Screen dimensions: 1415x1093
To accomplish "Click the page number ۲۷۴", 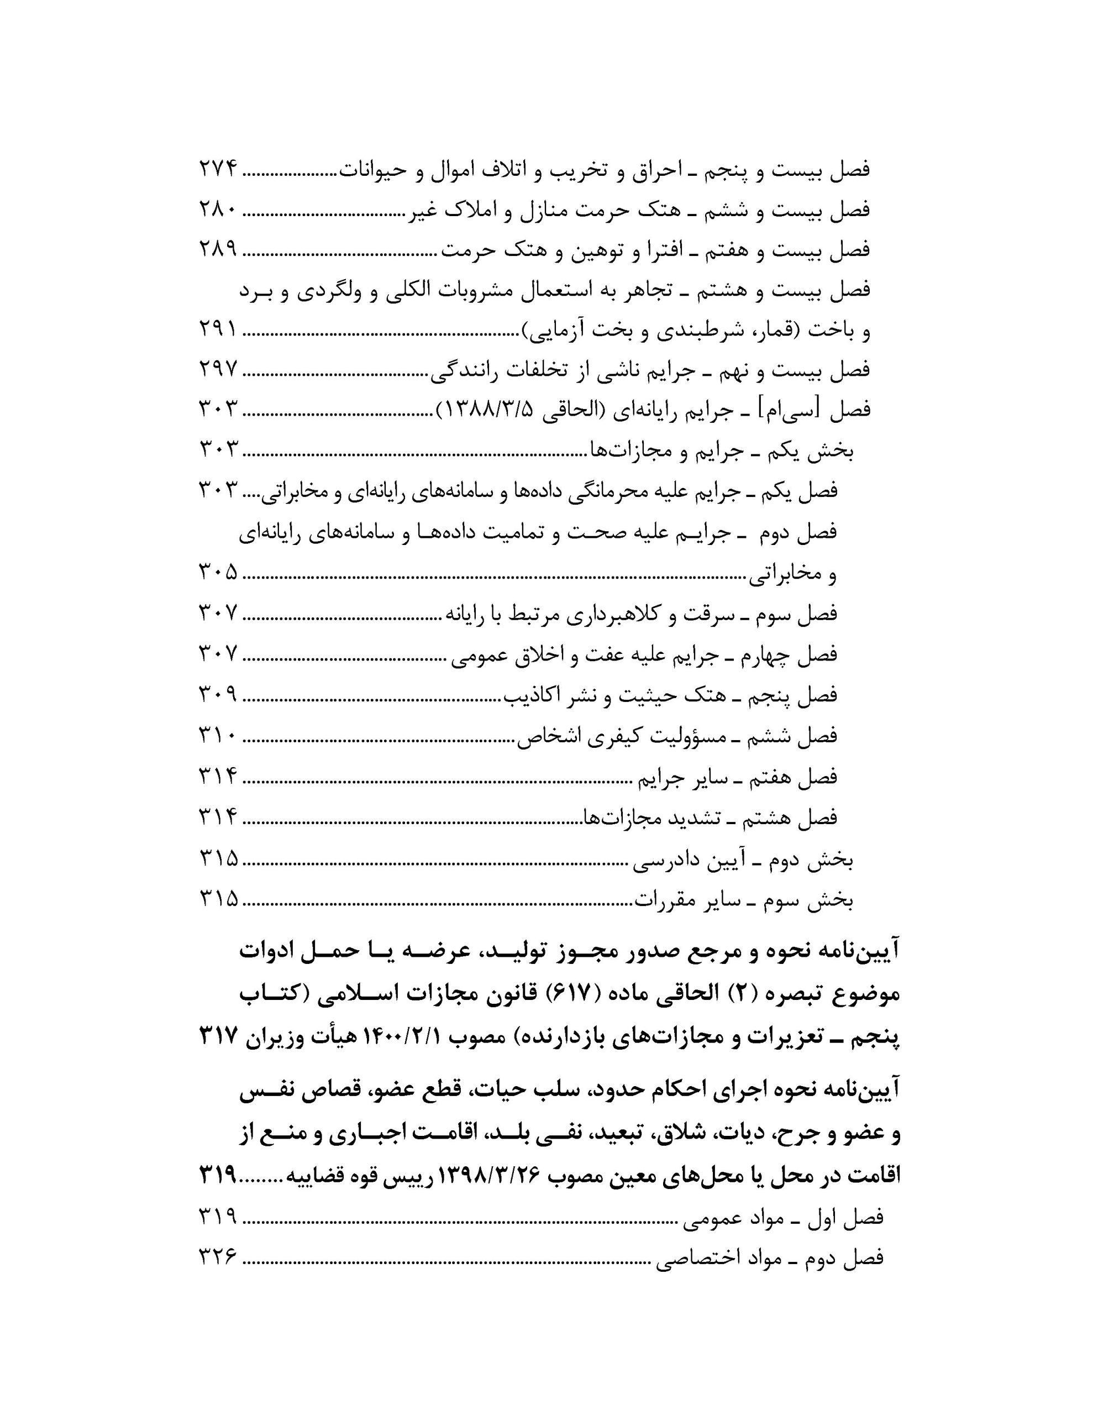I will point(218,170).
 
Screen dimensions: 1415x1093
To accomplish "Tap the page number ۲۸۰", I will point(218,211).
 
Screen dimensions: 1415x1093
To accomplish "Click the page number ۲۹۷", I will point(218,371).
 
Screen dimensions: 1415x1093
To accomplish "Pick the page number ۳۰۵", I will point(218,573).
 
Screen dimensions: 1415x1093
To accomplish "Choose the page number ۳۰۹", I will point(218,695).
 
